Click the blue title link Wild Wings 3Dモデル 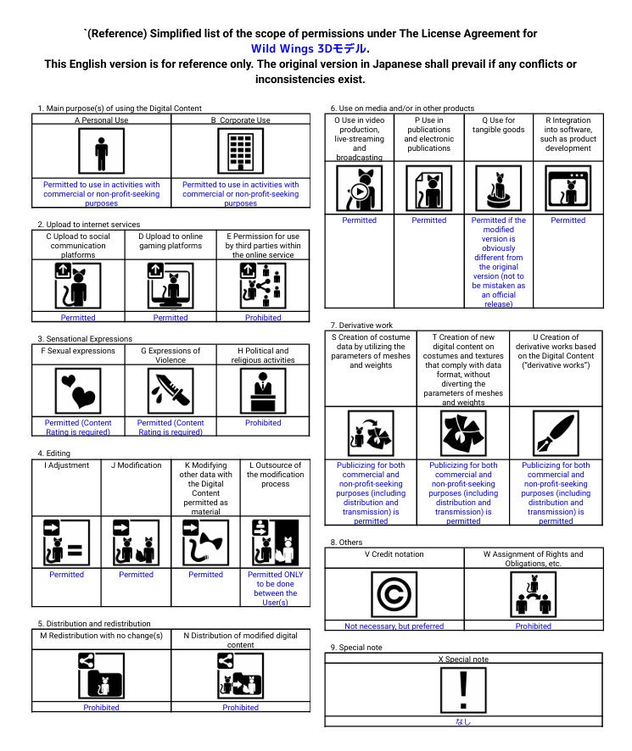coord(309,49)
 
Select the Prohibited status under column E coord(263,318)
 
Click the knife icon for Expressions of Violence coord(171,391)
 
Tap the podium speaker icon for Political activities coord(263,391)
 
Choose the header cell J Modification coord(136,465)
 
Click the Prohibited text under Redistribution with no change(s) coord(101,707)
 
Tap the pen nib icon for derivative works coord(556,433)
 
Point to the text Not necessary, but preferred coord(394,626)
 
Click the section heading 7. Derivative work coord(361,325)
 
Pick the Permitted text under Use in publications coord(428,220)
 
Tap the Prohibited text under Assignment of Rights coord(534,626)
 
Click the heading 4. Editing coord(53,453)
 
